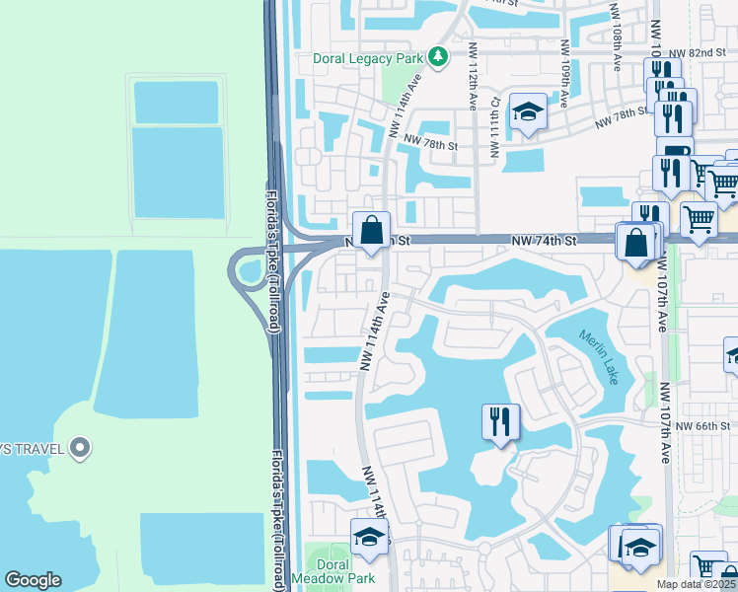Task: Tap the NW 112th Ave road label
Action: (x=474, y=78)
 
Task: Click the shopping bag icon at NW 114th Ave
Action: (x=371, y=232)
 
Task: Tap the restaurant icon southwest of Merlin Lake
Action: (x=500, y=423)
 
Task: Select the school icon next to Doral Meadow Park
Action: (x=369, y=538)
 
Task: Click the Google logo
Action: (x=34, y=580)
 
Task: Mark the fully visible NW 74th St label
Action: (x=544, y=240)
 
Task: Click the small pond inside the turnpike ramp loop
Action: (x=249, y=269)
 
